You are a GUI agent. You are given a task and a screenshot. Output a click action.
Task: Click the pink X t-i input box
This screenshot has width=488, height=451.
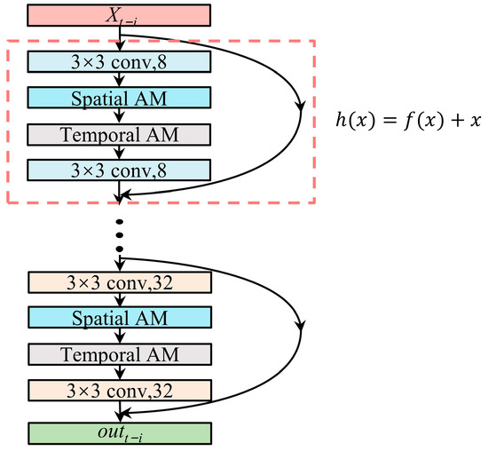click(x=119, y=16)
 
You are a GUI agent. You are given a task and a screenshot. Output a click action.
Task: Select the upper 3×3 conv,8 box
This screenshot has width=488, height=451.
click(x=119, y=61)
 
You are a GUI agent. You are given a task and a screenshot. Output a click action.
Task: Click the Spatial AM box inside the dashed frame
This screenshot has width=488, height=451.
click(x=119, y=96)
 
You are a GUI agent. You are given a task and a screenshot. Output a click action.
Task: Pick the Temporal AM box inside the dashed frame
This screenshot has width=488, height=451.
click(x=119, y=133)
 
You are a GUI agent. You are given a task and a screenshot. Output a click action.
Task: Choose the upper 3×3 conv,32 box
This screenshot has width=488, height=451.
click(x=119, y=282)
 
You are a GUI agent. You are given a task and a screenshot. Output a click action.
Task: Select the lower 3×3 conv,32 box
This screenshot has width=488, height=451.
click(x=119, y=390)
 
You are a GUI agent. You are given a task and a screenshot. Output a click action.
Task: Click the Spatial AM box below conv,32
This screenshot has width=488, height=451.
click(x=119, y=318)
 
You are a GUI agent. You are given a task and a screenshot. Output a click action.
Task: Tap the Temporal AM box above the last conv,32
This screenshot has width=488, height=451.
click(x=119, y=354)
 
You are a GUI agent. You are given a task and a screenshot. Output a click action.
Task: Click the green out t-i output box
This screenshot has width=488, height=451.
click(x=119, y=432)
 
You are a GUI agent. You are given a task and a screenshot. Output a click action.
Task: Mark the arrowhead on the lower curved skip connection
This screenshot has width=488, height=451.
click(x=303, y=327)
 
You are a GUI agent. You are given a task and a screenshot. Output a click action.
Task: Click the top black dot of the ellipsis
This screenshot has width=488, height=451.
click(x=119, y=218)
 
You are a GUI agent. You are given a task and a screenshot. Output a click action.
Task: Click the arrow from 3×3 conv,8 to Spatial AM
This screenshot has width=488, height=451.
click(x=119, y=79)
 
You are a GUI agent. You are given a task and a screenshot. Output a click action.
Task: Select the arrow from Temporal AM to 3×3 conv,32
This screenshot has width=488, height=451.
click(x=119, y=373)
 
